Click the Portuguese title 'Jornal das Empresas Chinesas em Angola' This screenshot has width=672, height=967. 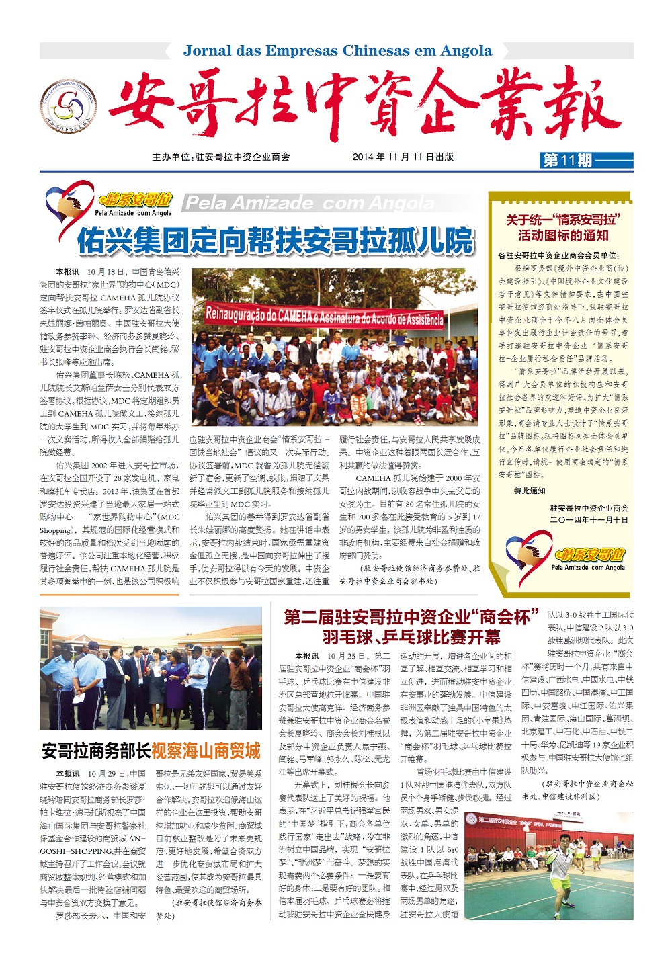point(337,51)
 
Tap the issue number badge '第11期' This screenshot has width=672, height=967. point(567,160)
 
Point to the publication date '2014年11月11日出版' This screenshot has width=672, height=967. point(403,157)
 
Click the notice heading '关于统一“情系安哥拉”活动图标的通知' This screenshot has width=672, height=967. point(563,227)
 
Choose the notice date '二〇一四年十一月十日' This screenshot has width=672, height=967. point(589,520)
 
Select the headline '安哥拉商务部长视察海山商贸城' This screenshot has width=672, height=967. point(151,751)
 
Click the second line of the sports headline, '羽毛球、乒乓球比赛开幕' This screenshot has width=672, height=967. point(411,636)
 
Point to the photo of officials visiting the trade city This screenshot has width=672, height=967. point(151,669)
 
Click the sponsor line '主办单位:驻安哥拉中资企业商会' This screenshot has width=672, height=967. point(221,157)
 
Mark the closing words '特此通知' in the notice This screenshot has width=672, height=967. point(530,491)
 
